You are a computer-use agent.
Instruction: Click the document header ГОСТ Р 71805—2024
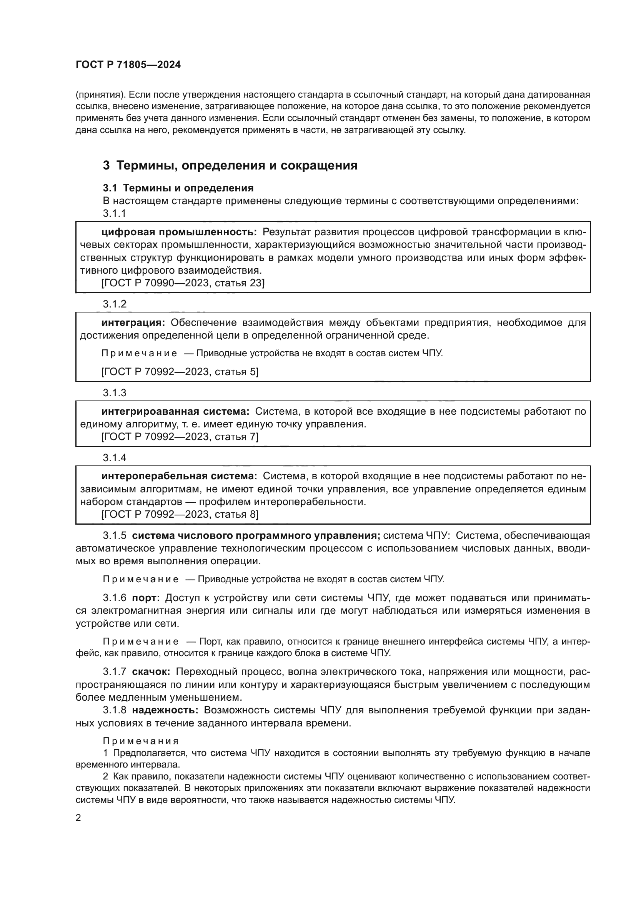pos(128,65)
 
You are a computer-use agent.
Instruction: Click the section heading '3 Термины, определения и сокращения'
pos(230,165)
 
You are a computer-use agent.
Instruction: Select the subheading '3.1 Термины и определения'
pos(178,188)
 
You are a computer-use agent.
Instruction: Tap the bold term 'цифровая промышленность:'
pos(179,232)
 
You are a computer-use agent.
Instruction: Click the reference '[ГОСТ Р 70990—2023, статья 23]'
pos(183,283)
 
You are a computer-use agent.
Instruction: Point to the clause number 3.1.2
pos(114,304)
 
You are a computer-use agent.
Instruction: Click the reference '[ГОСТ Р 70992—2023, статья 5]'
pos(180,372)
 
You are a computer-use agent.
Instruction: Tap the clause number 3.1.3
pos(114,393)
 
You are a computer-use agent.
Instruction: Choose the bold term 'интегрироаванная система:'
pos(175,412)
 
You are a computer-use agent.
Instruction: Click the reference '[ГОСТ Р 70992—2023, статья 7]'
pos(180,437)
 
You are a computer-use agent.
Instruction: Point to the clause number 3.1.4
pos(114,458)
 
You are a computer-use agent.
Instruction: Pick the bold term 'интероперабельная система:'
pos(179,477)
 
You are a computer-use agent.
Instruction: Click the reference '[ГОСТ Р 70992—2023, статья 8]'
pos(180,514)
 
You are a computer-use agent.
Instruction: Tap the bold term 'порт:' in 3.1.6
pos(146,598)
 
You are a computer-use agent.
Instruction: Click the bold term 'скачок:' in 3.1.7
pos(151,672)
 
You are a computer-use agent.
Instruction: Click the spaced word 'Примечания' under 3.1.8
pos(141,741)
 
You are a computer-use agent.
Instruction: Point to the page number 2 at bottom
pos(78,818)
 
